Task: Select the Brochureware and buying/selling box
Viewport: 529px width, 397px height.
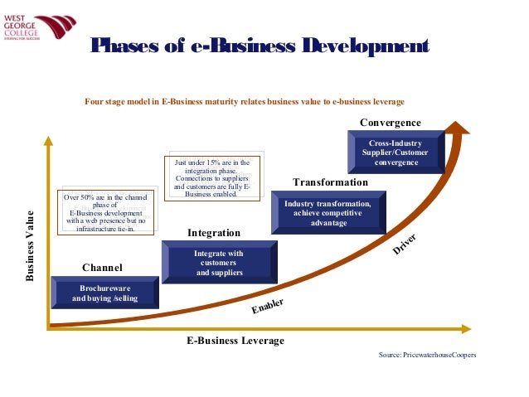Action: coord(104,293)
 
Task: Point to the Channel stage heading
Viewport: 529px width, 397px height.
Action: coord(102,268)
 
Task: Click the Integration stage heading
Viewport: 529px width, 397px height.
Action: coord(213,233)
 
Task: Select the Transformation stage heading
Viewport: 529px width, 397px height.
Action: coord(330,182)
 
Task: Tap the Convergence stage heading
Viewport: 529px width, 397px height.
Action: coord(390,123)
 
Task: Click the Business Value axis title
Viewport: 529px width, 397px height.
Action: coord(30,246)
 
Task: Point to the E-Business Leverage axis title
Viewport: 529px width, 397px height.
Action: coord(235,341)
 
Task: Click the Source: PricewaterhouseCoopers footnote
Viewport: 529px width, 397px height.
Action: coord(427,355)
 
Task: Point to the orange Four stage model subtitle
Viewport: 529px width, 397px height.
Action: coord(245,102)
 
